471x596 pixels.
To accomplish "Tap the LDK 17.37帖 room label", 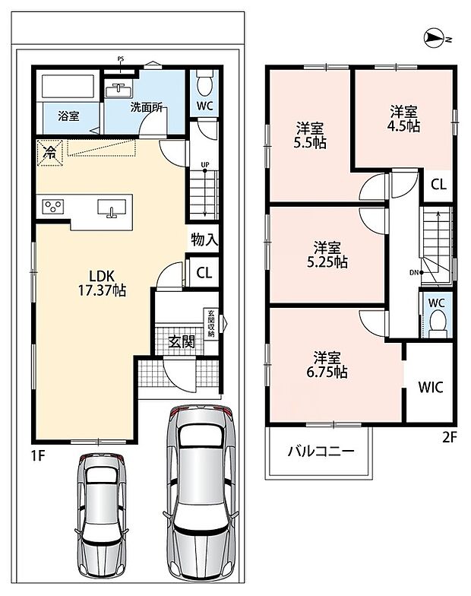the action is click(102, 283).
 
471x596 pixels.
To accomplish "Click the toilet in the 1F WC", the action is click(205, 84).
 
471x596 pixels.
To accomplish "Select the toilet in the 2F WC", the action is click(436, 322).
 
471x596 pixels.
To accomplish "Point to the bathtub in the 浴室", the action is click(68, 87).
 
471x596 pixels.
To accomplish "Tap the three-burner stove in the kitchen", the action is click(53, 207).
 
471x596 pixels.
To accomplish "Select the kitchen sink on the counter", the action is click(112, 208).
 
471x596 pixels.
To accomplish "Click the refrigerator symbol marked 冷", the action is click(49, 153).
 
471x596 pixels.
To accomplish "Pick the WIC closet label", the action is click(431, 388).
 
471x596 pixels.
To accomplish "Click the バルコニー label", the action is click(321, 452).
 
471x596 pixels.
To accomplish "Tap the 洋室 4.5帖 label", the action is click(403, 119).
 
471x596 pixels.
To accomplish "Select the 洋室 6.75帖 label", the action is click(327, 365).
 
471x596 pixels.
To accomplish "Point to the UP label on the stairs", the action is click(205, 164).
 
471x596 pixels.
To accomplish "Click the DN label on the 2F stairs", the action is click(414, 272).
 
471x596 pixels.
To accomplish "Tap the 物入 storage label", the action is click(204, 240).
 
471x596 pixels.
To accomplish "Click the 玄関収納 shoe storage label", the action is click(211, 324).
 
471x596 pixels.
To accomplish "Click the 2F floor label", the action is click(449, 438).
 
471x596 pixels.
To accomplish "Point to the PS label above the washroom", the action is click(120, 59).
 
